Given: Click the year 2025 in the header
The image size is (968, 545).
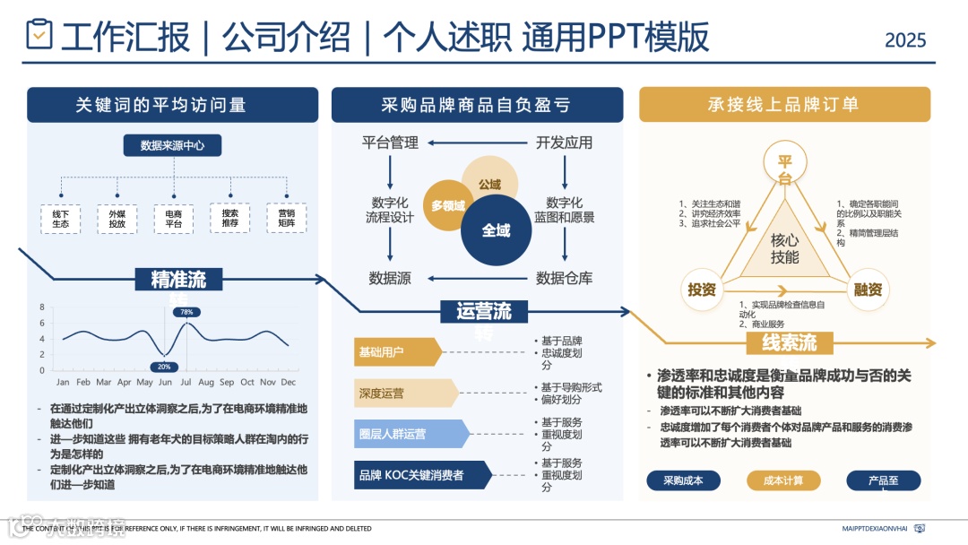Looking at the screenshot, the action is click(905, 40).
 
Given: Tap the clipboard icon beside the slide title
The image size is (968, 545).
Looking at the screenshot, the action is click(39, 35).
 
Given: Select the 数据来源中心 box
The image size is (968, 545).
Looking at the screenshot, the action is click(172, 145).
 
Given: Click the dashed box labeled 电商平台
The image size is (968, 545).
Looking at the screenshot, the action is click(173, 218).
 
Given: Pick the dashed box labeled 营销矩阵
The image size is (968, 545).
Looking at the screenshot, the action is click(286, 218).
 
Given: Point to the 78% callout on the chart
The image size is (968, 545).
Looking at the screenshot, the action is click(186, 312).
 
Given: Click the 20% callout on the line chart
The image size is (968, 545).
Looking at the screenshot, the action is click(164, 367).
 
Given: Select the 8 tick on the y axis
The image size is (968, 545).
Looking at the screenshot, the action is click(41, 307).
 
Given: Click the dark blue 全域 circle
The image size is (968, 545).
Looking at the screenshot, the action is click(496, 230).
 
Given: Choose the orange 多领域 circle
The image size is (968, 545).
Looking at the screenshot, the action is click(448, 205).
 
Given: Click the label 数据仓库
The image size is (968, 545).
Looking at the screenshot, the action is click(564, 278).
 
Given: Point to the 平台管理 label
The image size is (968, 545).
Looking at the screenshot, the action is click(390, 143).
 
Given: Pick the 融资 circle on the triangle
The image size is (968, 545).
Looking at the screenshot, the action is click(868, 290).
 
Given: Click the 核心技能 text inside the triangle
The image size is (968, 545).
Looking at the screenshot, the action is click(784, 248).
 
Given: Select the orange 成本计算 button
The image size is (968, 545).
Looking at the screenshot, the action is click(783, 480).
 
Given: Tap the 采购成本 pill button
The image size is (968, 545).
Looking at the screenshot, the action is click(683, 480).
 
